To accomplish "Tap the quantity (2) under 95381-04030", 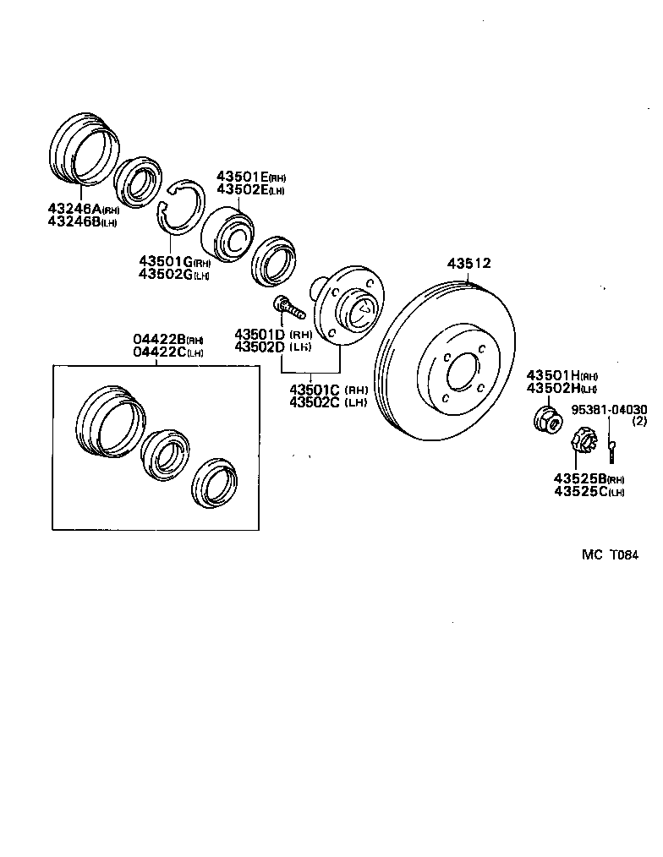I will [639, 421].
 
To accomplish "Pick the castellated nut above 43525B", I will [583, 441].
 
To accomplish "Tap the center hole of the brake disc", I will [463, 374].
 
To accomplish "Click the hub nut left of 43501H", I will [546, 418].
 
